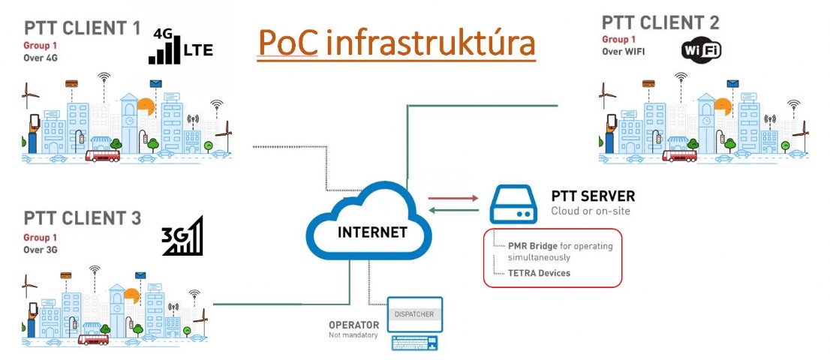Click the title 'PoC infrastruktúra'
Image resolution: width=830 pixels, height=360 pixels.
pyautogui.click(x=396, y=43)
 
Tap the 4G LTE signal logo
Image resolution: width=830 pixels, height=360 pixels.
pyautogui.click(x=181, y=46)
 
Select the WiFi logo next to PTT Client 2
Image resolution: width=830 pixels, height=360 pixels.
pyautogui.click(x=702, y=50)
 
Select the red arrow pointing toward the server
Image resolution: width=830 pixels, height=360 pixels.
pyautogui.click(x=453, y=199)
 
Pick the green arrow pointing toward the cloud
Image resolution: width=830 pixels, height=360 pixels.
pyautogui.click(x=453, y=211)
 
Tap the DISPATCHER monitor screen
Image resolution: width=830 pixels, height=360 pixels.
pyautogui.click(x=414, y=315)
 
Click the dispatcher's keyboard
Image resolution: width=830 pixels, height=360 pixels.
pyautogui.click(x=414, y=343)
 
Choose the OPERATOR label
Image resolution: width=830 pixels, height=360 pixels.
pyautogui.click(x=349, y=325)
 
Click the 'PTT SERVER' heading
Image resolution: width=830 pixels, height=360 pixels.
pyautogui.click(x=593, y=196)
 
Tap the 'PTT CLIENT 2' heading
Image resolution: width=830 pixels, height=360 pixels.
pyautogui.click(x=660, y=22)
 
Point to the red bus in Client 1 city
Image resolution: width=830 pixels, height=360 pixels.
pyautogui.click(x=103, y=156)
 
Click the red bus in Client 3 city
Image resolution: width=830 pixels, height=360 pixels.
pyautogui.click(x=93, y=339)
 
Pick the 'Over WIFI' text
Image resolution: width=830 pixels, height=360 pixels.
pyautogui.click(x=624, y=52)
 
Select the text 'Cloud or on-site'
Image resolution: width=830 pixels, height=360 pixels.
pyautogui.click(x=591, y=211)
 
